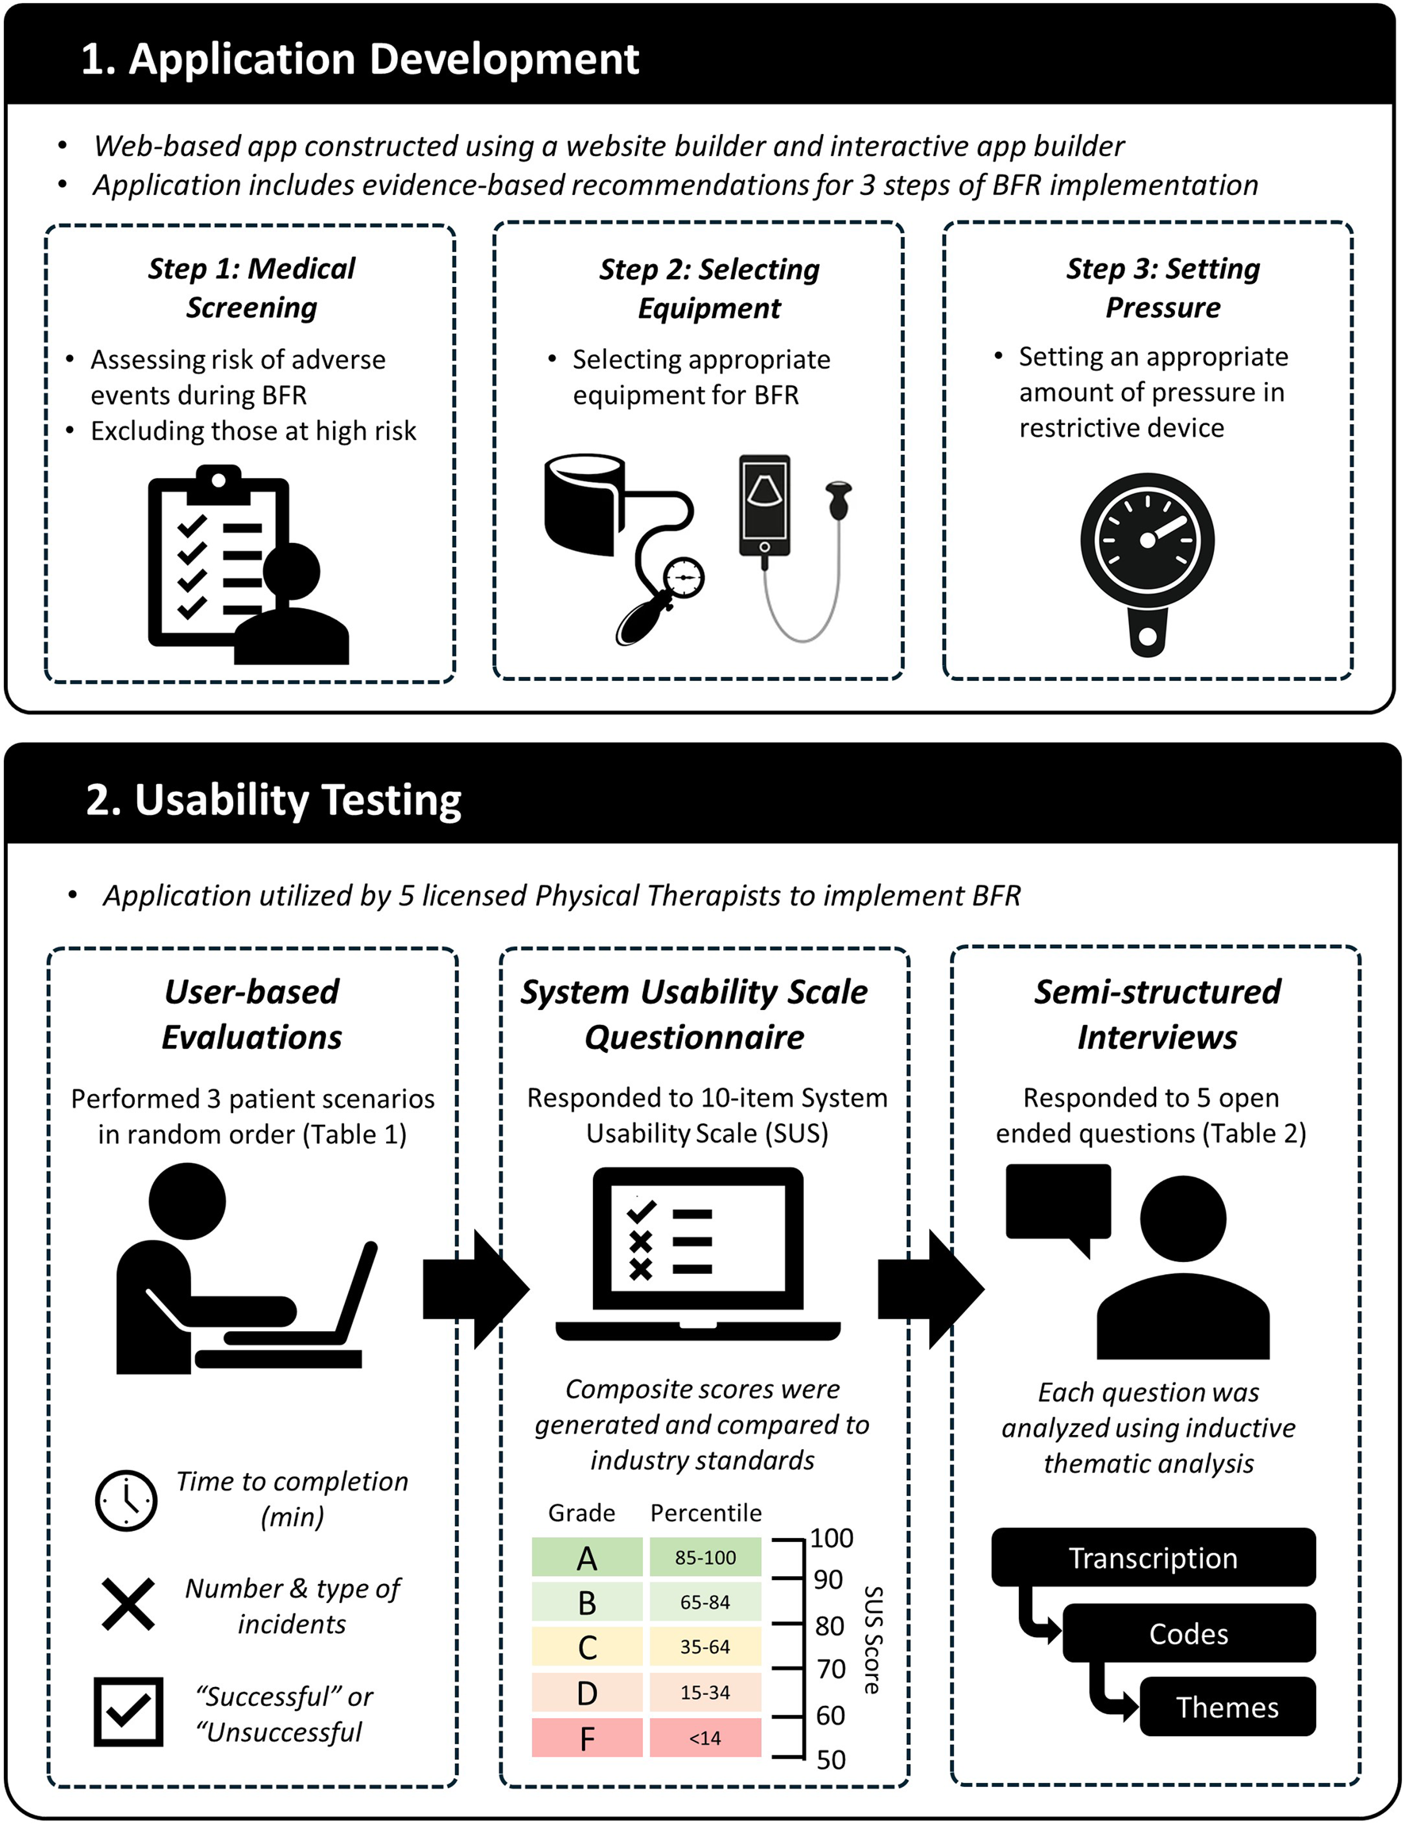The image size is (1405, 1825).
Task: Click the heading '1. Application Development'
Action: click(359, 59)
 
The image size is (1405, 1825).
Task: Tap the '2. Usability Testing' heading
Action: click(274, 800)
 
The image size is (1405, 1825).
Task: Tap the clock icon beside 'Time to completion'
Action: click(126, 1501)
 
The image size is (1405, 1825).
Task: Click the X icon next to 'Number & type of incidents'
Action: click(128, 1605)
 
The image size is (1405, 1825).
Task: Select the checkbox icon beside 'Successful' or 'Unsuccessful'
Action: click(128, 1712)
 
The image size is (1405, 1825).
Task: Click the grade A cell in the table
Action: click(587, 1558)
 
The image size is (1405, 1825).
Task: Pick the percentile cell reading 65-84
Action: click(705, 1602)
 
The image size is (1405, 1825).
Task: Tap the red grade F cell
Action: click(587, 1738)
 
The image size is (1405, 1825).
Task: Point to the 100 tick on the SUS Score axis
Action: click(831, 1538)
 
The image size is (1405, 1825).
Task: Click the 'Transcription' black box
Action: click(1153, 1558)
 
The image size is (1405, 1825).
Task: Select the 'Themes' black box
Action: click(1226, 1707)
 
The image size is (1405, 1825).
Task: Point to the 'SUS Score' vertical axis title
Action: click(871, 1639)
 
